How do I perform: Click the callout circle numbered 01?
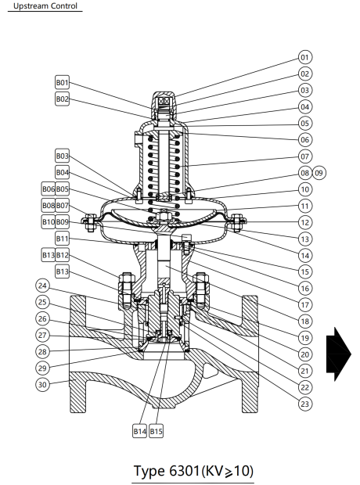304,57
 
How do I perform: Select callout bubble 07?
304,156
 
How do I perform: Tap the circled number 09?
319,173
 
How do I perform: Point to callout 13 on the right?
304,239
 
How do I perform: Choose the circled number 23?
304,403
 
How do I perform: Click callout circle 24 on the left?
42,286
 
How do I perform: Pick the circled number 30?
42,384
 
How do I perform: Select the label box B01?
63,82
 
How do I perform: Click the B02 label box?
63,99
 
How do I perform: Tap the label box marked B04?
63,172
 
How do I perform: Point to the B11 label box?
63,239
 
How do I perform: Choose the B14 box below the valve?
139,431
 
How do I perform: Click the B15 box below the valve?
157,431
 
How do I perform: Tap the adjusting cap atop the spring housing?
164,102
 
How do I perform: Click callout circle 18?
304,321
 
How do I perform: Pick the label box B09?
63,222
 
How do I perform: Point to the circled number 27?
42,335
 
